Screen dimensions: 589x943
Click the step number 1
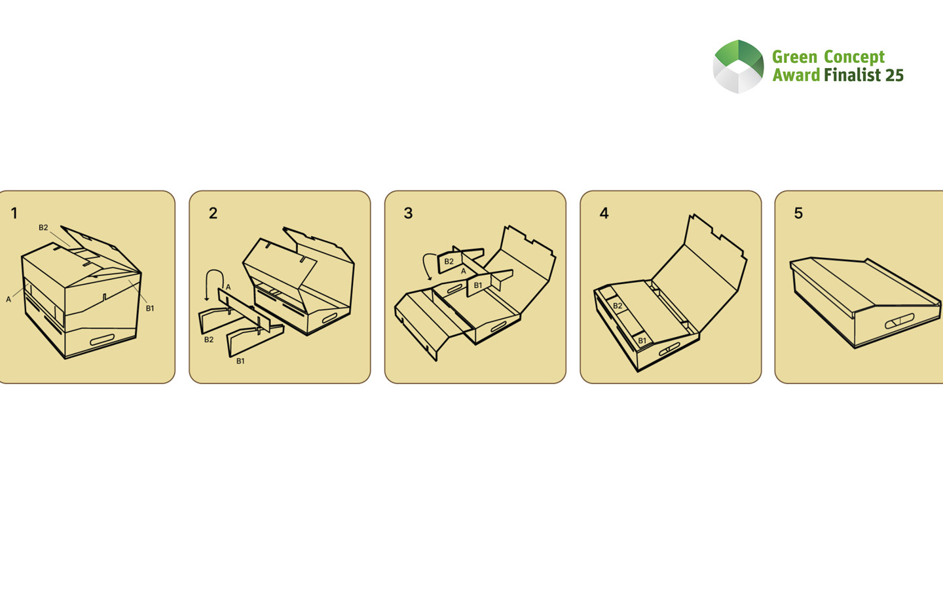[14, 213]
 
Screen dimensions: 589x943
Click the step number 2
[213, 213]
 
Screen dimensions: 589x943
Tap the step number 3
[408, 213]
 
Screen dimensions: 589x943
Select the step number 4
[604, 213]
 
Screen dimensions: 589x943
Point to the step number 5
[798, 213]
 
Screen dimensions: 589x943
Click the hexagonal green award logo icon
[738, 66]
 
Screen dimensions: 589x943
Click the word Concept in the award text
[854, 57]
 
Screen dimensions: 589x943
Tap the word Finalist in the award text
[852, 75]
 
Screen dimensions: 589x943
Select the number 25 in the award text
[895, 75]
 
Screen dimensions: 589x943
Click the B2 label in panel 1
[43, 228]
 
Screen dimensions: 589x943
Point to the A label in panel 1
[9, 299]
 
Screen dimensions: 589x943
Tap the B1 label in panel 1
[150, 308]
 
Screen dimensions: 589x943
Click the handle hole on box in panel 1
[102, 340]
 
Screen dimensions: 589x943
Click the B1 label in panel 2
[240, 361]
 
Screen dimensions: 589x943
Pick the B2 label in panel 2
[209, 340]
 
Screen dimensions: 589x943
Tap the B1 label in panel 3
[478, 285]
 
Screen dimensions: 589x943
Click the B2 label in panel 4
[618, 306]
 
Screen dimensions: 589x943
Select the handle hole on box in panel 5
[899, 321]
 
